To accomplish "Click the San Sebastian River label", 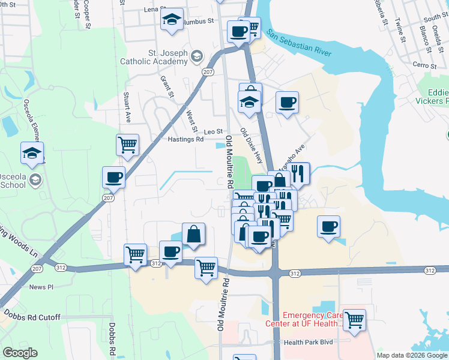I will coord(299,42).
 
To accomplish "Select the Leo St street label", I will coord(213,131).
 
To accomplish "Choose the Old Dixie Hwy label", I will coord(250,143).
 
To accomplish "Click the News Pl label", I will coord(41,287).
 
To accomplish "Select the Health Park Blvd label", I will coord(308,342).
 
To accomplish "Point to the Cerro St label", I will coord(423,64).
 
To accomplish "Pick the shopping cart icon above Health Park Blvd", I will coord(354,319).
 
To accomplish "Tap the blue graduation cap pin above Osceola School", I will coord(32,152).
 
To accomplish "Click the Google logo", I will coord(20,353).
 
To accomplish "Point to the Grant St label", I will coord(167,86).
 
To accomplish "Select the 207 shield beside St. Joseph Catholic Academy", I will coord(208,72).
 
